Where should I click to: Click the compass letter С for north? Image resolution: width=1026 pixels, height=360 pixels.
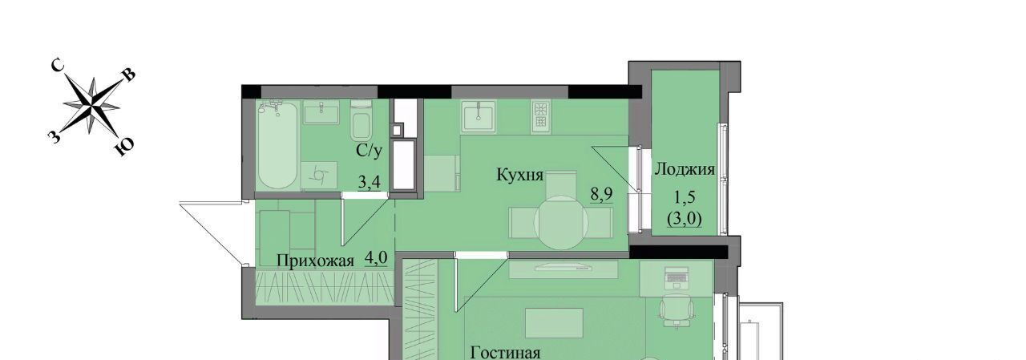coord(57,67)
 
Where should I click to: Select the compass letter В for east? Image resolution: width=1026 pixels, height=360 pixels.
coord(130,75)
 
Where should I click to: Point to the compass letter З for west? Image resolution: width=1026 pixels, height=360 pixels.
coord(54,136)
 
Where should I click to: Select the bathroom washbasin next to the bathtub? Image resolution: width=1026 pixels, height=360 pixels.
coord(321,113)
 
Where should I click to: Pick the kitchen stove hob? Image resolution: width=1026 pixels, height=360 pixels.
coord(540,116)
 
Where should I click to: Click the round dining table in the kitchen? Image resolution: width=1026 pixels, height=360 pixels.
coord(561,223)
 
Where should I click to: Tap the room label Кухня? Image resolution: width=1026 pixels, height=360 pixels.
coord(520,175)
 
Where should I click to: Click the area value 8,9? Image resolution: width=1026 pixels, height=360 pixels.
coord(601,195)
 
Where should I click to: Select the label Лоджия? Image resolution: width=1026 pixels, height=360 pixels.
coord(685,170)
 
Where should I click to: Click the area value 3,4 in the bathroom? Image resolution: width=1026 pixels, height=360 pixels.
coord(370,183)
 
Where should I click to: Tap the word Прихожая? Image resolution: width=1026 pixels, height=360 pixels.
coord(316,261)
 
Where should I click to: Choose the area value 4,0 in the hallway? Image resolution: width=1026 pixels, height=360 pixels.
coord(376,259)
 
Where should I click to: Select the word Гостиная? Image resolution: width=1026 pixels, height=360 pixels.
coord(506,354)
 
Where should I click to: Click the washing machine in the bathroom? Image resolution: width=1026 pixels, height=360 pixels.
coord(319,175)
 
